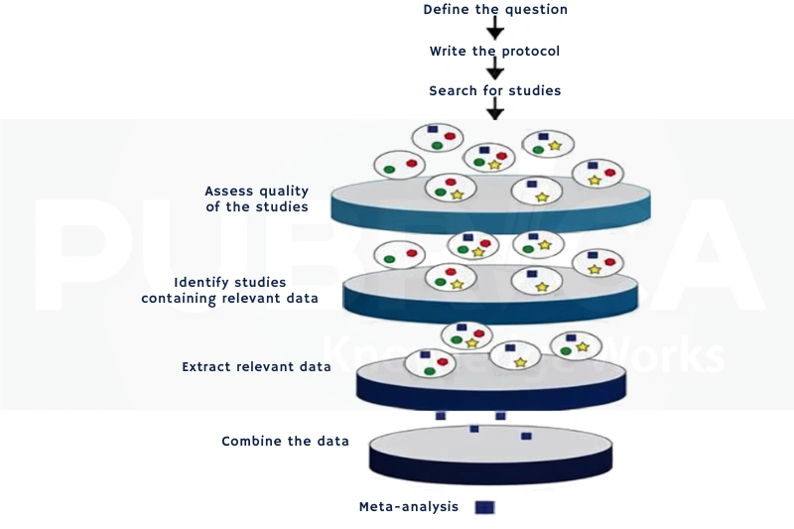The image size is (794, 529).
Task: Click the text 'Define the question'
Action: (495, 10)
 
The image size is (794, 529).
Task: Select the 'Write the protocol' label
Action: (494, 52)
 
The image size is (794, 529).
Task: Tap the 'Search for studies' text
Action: (495, 90)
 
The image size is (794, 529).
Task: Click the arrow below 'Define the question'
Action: (495, 28)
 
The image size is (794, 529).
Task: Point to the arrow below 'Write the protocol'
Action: (495, 67)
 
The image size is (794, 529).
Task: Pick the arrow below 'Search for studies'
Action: (495, 108)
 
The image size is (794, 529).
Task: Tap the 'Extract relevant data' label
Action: (256, 366)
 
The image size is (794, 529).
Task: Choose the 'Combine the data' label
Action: (286, 442)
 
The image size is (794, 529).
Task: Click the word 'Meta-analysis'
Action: (409, 507)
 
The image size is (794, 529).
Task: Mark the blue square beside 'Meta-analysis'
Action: (484, 507)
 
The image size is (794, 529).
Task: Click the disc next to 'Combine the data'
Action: (490, 456)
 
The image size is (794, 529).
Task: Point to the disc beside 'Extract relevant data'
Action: (491, 381)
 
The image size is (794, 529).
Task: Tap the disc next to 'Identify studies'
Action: (490, 295)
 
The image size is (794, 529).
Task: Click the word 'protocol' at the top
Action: (531, 52)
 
